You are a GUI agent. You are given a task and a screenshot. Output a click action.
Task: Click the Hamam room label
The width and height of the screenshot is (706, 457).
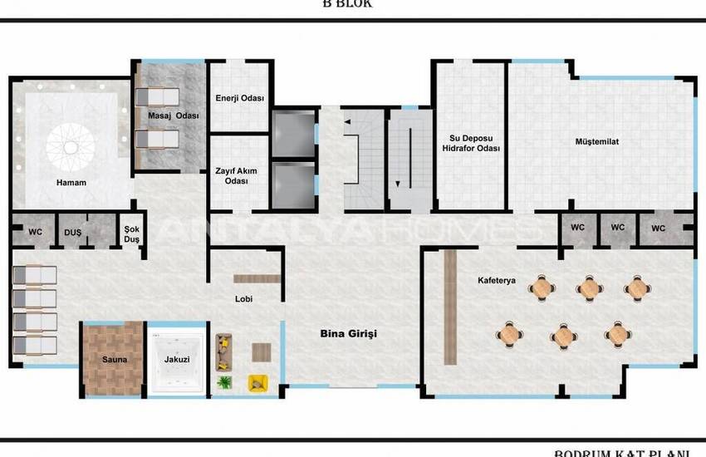point(71,182)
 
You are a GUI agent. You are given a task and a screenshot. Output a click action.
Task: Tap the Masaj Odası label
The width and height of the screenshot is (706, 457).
point(174,115)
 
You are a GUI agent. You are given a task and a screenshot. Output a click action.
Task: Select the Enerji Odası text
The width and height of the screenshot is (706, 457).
point(239,98)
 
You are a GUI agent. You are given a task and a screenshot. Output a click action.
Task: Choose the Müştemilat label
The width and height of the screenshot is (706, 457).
point(596,141)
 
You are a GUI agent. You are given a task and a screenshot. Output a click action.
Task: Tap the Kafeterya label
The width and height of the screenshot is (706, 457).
point(497,280)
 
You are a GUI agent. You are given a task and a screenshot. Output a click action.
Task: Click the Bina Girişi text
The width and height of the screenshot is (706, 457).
point(349,333)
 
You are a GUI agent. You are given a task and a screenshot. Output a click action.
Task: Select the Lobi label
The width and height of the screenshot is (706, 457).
point(243,298)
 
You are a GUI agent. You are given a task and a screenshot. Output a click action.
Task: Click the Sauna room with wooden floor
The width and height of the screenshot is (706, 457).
point(114,358)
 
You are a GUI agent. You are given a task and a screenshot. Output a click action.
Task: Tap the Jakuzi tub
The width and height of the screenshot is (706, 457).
point(176,359)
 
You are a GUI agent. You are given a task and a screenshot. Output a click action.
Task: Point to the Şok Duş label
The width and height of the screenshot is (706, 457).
point(131,233)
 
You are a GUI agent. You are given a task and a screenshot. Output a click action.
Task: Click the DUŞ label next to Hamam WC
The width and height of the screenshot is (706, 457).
point(73,233)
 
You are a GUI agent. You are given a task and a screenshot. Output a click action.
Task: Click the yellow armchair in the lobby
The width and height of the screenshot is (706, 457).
point(257,383)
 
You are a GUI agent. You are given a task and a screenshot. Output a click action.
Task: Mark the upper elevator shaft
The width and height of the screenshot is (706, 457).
point(293,130)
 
